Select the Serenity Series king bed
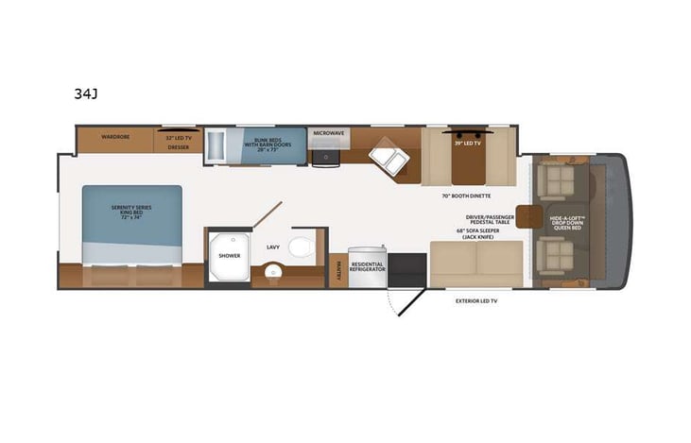[x=131, y=223]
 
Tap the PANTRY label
[x=337, y=270]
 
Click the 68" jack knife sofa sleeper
[x=476, y=263]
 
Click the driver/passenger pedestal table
[x=525, y=214]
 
